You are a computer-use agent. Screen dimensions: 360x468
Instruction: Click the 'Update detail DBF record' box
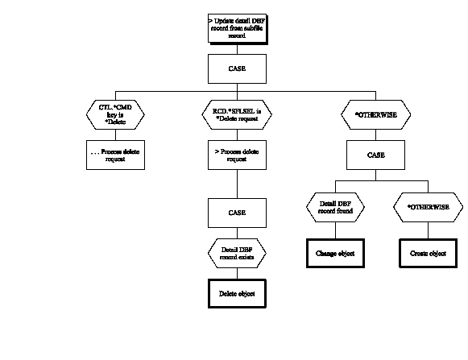(x=236, y=27)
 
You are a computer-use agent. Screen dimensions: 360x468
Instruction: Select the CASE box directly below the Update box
(x=236, y=68)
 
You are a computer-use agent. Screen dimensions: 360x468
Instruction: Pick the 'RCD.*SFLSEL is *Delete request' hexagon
(x=236, y=114)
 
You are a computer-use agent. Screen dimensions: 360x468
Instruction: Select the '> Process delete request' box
(x=236, y=155)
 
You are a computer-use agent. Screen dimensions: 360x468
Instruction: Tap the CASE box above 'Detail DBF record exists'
(x=236, y=213)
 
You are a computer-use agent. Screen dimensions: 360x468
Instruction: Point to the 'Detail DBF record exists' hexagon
(x=236, y=254)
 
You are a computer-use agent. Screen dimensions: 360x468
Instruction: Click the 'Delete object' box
(x=236, y=293)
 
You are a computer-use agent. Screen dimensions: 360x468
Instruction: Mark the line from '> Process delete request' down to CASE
(x=236, y=184)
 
